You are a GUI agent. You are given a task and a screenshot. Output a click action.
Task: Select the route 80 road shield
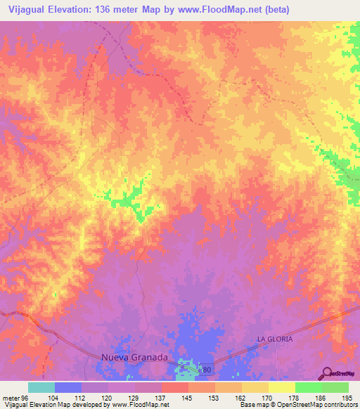205,369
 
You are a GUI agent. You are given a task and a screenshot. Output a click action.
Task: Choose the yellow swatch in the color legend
282,387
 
